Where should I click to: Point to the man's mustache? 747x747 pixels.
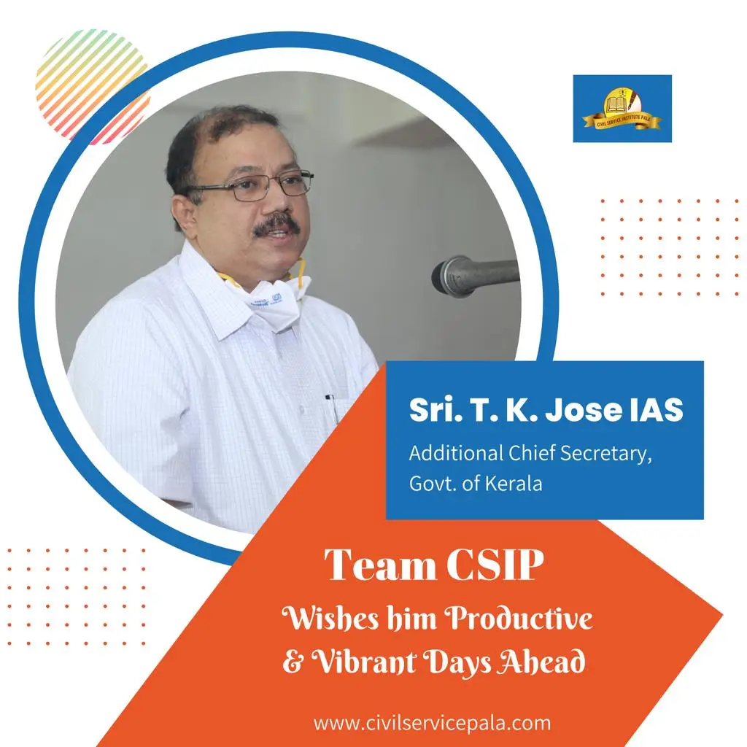click(276, 225)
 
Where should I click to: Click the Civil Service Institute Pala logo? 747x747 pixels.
click(622, 109)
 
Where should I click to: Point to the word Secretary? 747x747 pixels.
click(605, 454)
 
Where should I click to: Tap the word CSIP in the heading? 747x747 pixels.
click(495, 565)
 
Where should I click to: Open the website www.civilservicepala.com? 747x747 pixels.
click(432, 723)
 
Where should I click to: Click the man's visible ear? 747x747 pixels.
click(184, 212)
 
